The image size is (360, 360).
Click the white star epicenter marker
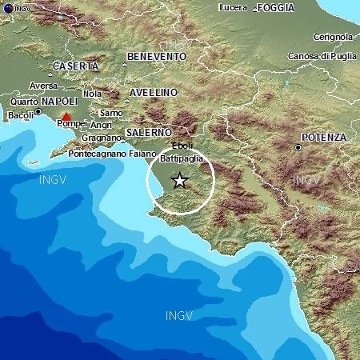pos(180,181)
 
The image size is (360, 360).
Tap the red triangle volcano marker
pos(66,117)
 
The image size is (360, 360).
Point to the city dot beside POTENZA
pos(298,147)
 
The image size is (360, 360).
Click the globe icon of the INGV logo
pos(6,6)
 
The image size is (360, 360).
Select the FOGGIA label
pos(277,8)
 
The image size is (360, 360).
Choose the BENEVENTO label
pos(156,57)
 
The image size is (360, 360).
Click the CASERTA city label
pos(76,66)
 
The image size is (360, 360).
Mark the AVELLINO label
pos(153,93)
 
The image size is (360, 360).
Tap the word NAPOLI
pos(59,102)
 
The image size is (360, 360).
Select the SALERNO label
pos(149,131)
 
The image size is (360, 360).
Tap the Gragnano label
pos(98,138)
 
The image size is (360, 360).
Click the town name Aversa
pos(43,86)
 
